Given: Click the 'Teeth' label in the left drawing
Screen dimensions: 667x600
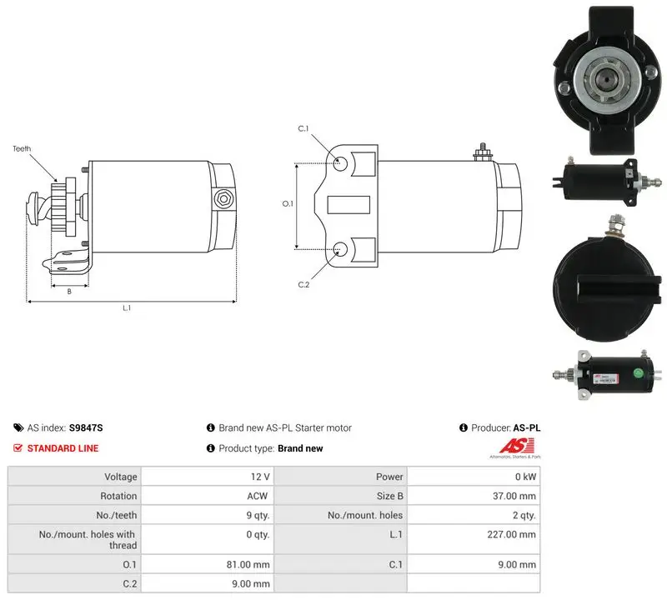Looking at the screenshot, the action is pyautogui.click(x=22, y=149).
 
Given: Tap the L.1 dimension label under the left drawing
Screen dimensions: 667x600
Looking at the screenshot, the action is pyautogui.click(x=127, y=307).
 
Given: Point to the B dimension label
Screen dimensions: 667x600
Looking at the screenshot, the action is pyautogui.click(x=69, y=292).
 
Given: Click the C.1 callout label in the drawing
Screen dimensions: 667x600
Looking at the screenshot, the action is pyautogui.click(x=303, y=128).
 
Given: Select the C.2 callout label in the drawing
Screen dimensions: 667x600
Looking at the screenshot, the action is pyautogui.click(x=303, y=284).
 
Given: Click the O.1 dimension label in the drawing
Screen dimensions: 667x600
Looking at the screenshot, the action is pyautogui.click(x=288, y=203).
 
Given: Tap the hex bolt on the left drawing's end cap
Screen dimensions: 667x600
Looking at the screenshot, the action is pyautogui.click(x=223, y=198).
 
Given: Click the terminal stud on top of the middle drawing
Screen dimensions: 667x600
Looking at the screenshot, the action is pyautogui.click(x=483, y=152).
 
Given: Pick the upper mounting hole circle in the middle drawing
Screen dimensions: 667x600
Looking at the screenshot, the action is pyautogui.click(x=340, y=163).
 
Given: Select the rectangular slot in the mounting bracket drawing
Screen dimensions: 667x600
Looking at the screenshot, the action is pyautogui.click(x=349, y=205).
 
